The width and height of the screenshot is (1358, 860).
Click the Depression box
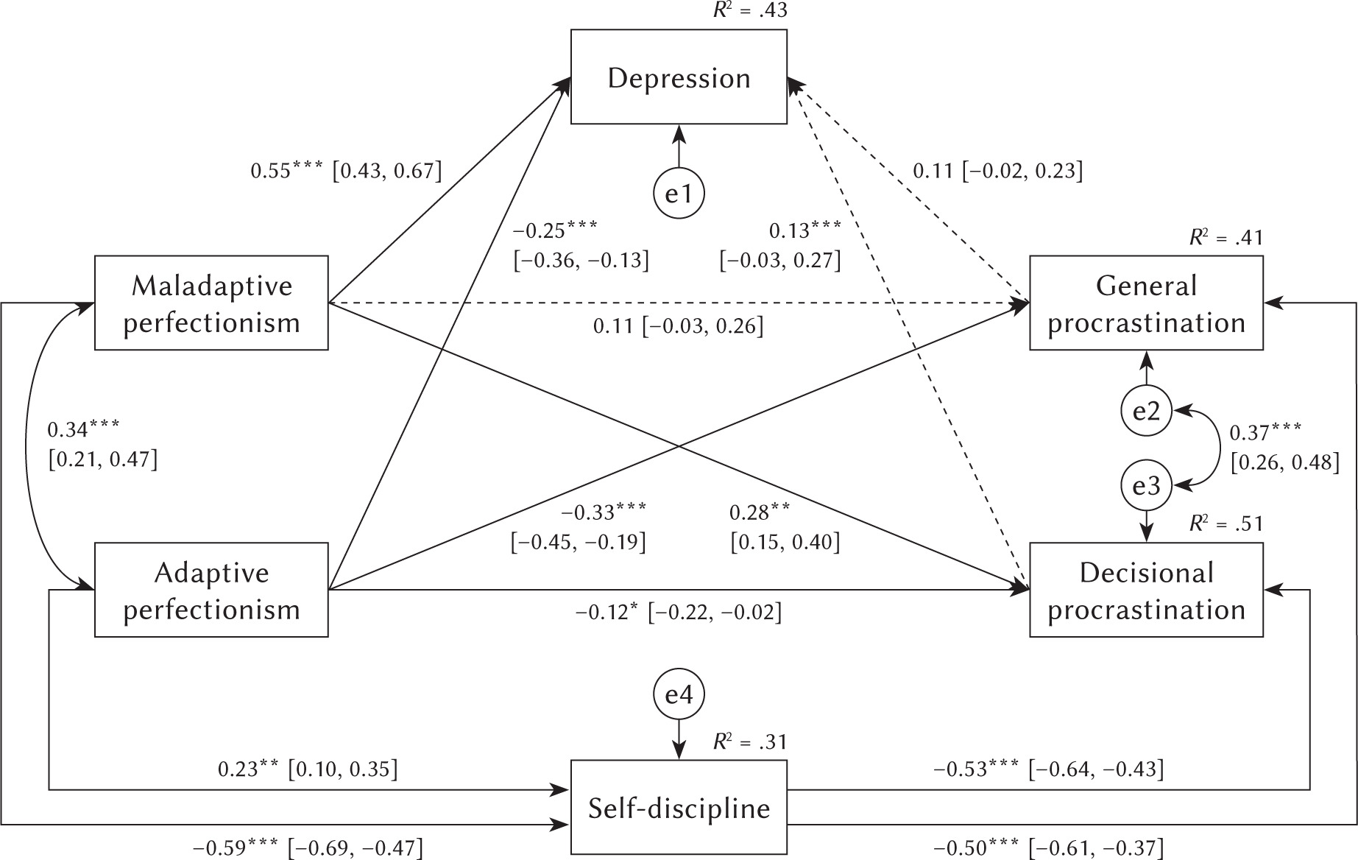[679, 77]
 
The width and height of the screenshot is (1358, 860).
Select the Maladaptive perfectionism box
[211, 303]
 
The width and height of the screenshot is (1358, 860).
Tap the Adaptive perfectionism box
[211, 591]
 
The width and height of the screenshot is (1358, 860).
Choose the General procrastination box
[1146, 303]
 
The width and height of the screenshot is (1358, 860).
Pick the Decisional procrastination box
[1146, 591]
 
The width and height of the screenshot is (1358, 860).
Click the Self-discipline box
[679, 808]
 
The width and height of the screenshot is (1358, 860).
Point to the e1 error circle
[679, 194]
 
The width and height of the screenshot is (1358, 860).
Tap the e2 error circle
[1146, 411]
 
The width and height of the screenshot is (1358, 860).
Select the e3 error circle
[1146, 486]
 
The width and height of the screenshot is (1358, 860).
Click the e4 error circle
[679, 694]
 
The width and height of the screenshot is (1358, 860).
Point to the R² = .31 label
[750, 741]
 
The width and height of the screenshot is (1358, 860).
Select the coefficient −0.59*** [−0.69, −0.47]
[308, 848]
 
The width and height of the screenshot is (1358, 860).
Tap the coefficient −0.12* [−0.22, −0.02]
[678, 612]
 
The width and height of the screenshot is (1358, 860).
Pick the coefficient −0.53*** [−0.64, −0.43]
[1049, 769]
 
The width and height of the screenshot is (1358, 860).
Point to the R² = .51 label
[1226, 524]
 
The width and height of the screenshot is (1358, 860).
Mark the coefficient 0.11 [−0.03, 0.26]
[678, 325]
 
